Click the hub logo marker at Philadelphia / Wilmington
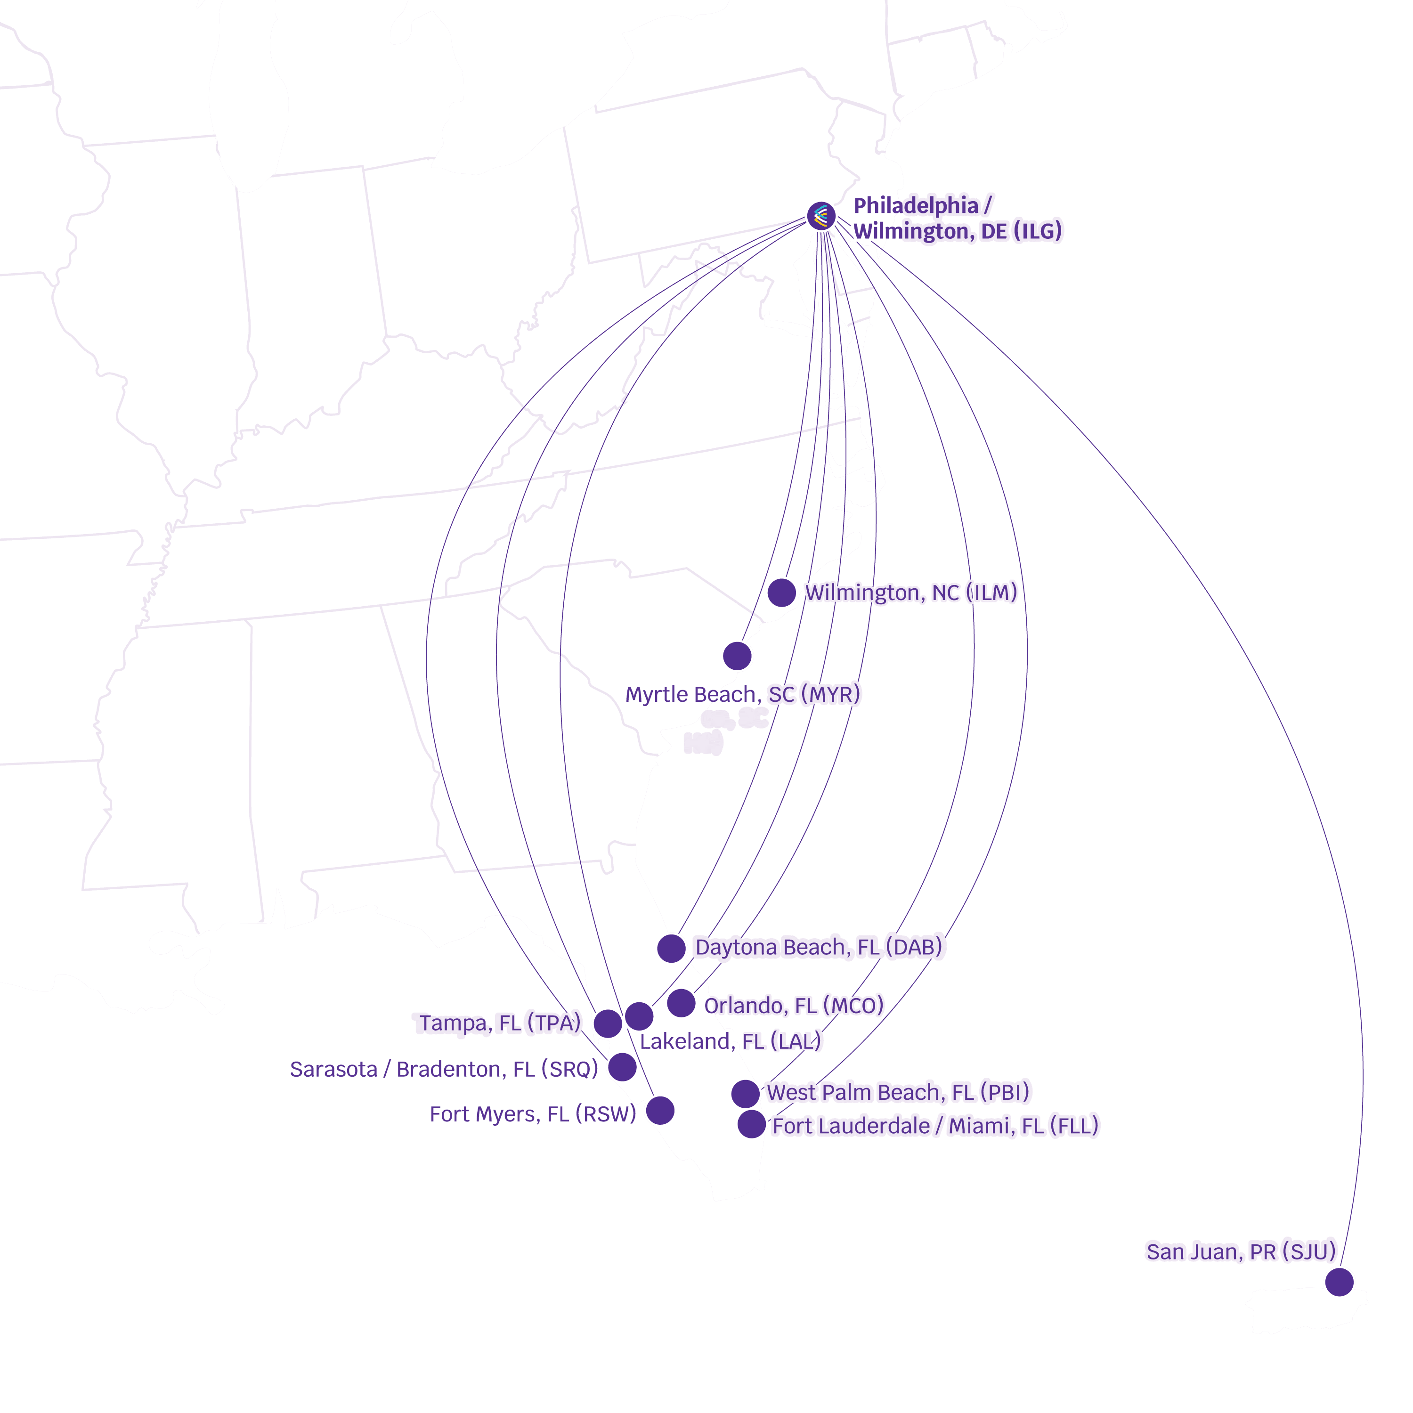(x=820, y=216)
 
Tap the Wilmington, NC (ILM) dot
(x=781, y=593)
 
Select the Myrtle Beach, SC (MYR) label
(x=742, y=694)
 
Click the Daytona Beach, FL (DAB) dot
(x=671, y=948)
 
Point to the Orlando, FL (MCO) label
(x=794, y=1006)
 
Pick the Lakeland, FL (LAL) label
(x=731, y=1041)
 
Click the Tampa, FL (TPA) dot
(x=608, y=1024)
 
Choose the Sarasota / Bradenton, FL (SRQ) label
(x=444, y=1069)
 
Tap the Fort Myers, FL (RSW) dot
(x=660, y=1110)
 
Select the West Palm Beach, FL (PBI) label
(x=898, y=1092)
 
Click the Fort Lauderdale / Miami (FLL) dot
(x=751, y=1124)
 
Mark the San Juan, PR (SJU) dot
(x=1339, y=1281)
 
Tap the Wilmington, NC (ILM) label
(x=910, y=593)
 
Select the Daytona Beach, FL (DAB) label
(x=819, y=947)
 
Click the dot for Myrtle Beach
(x=737, y=656)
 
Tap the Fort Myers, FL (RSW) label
(x=532, y=1114)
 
